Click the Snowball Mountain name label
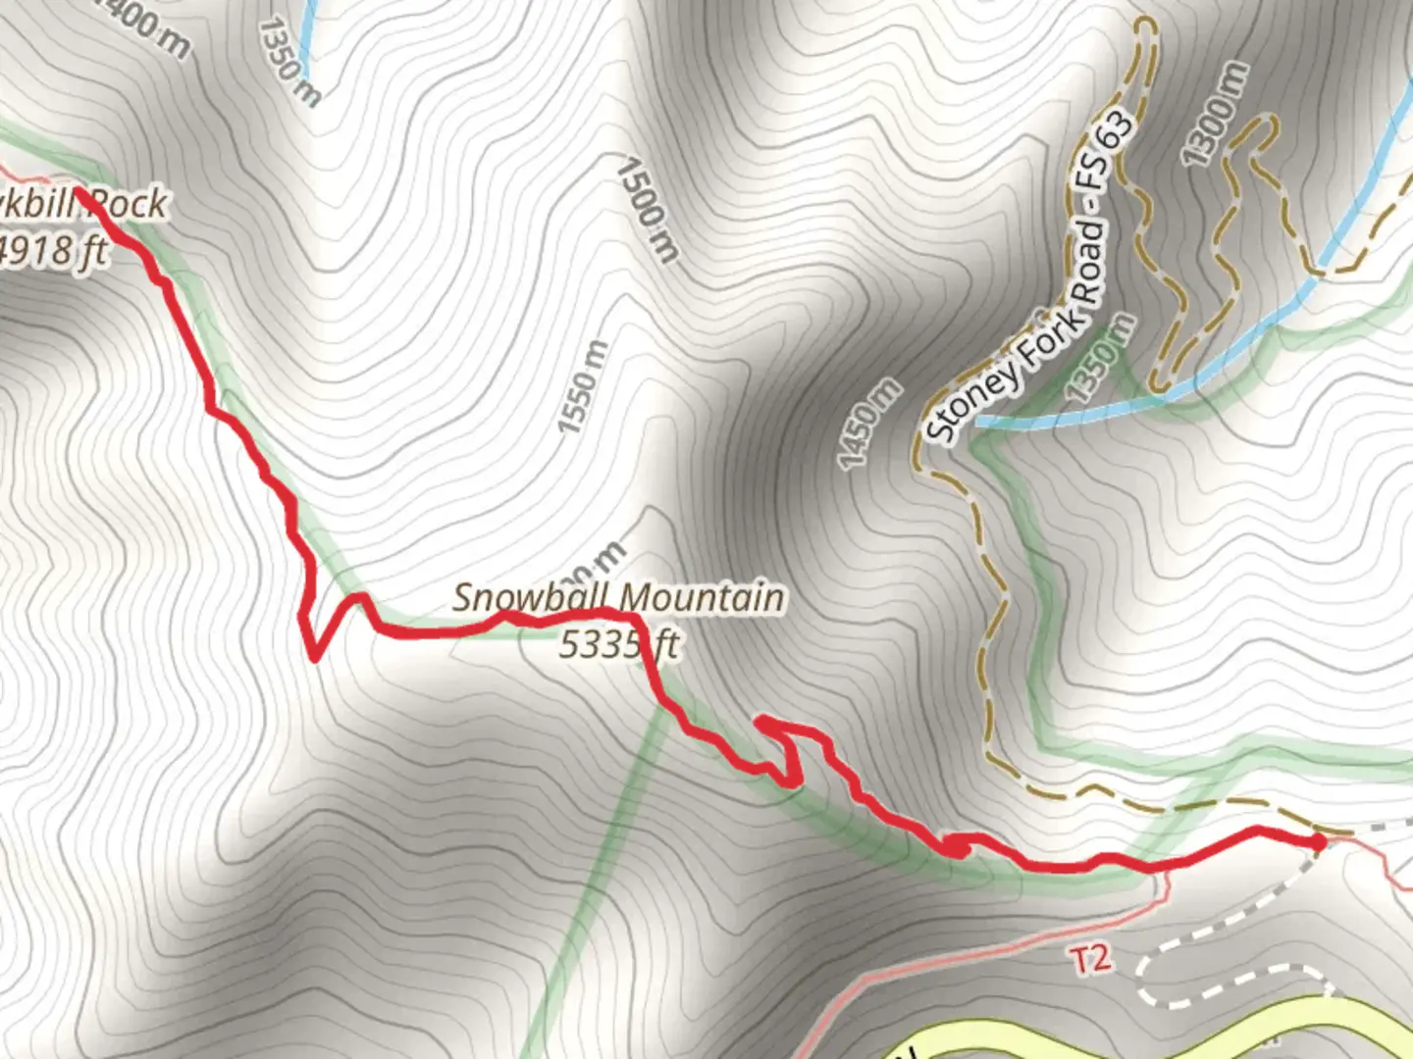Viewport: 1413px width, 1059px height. (x=618, y=597)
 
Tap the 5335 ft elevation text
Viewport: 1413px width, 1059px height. (x=619, y=644)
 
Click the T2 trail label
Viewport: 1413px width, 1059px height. (x=1091, y=958)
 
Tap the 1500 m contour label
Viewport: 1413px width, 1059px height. (x=648, y=211)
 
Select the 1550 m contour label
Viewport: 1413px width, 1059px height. (x=583, y=386)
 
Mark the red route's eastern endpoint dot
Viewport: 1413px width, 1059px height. (x=1318, y=841)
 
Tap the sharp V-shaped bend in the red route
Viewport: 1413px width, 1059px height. (x=314, y=656)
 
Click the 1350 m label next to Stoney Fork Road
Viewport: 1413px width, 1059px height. (x=1102, y=358)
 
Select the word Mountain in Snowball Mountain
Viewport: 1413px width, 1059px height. (x=703, y=597)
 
